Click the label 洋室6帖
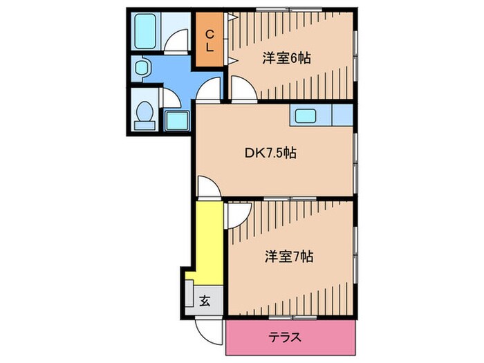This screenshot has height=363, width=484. [x=286, y=58]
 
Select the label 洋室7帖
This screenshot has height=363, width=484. [x=288, y=257]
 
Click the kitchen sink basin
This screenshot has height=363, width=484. [x=305, y=115]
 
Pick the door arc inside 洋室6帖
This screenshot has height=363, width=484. [x=241, y=89]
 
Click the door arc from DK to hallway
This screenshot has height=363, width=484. [x=207, y=187]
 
